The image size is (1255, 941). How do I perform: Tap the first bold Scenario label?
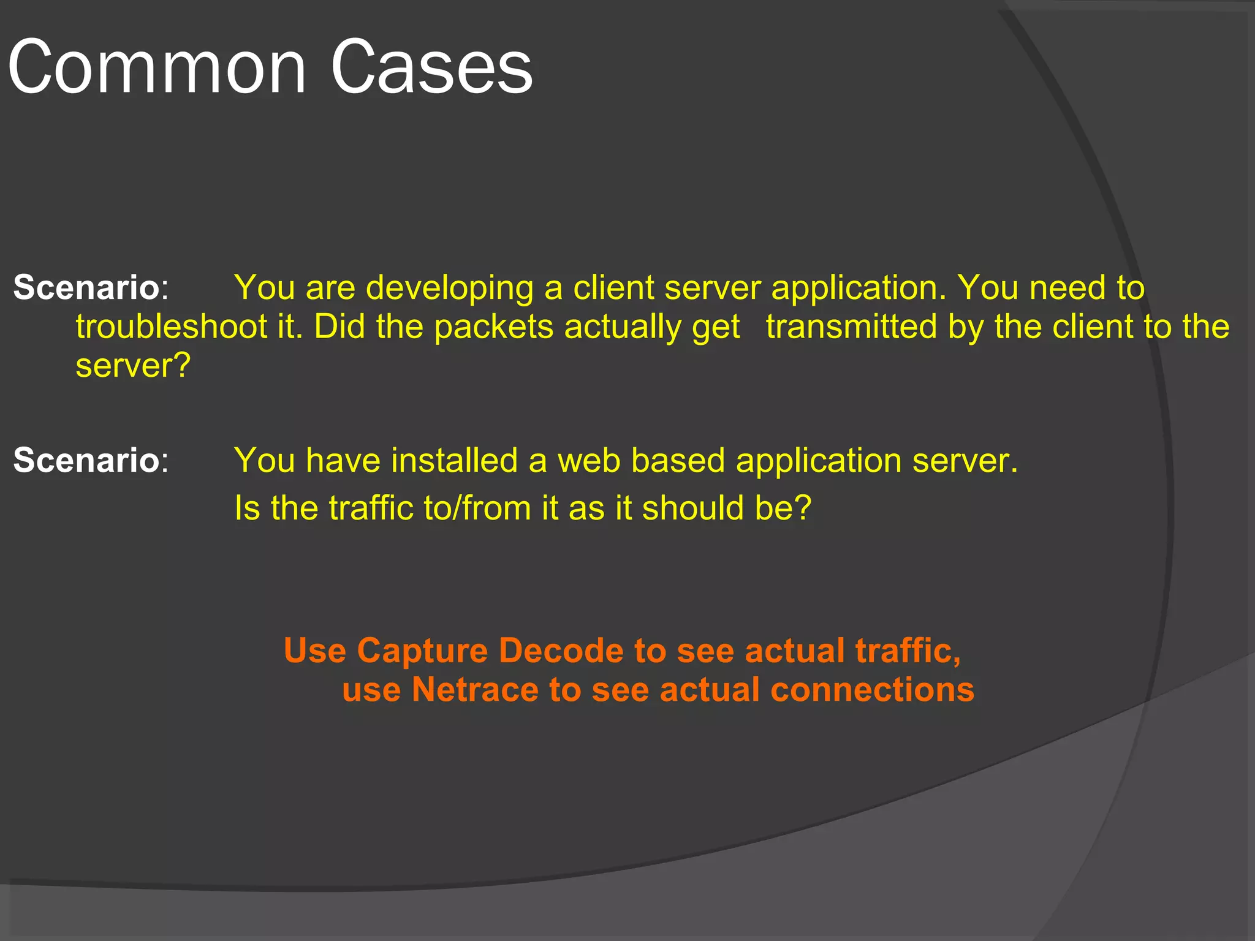[86, 287]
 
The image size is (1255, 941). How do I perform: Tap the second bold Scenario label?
[86, 460]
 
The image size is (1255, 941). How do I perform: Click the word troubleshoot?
[172, 327]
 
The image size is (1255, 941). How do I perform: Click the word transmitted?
[852, 326]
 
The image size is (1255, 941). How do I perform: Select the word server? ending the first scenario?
[133, 366]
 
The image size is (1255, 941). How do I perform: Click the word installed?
[454, 460]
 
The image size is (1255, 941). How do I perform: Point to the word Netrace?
[475, 690]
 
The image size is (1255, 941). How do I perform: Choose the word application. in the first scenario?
[859, 289]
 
